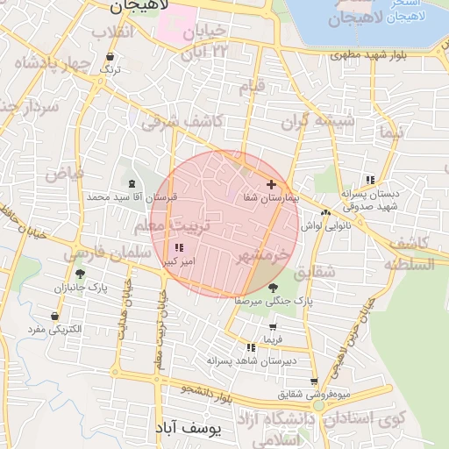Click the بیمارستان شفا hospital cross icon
[272, 185]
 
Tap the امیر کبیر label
[179, 261]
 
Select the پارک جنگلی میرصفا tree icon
[273, 287]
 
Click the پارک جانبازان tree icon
[80, 274]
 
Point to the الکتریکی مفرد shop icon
[56, 316]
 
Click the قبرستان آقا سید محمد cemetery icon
[132, 183]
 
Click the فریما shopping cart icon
[272, 326]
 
